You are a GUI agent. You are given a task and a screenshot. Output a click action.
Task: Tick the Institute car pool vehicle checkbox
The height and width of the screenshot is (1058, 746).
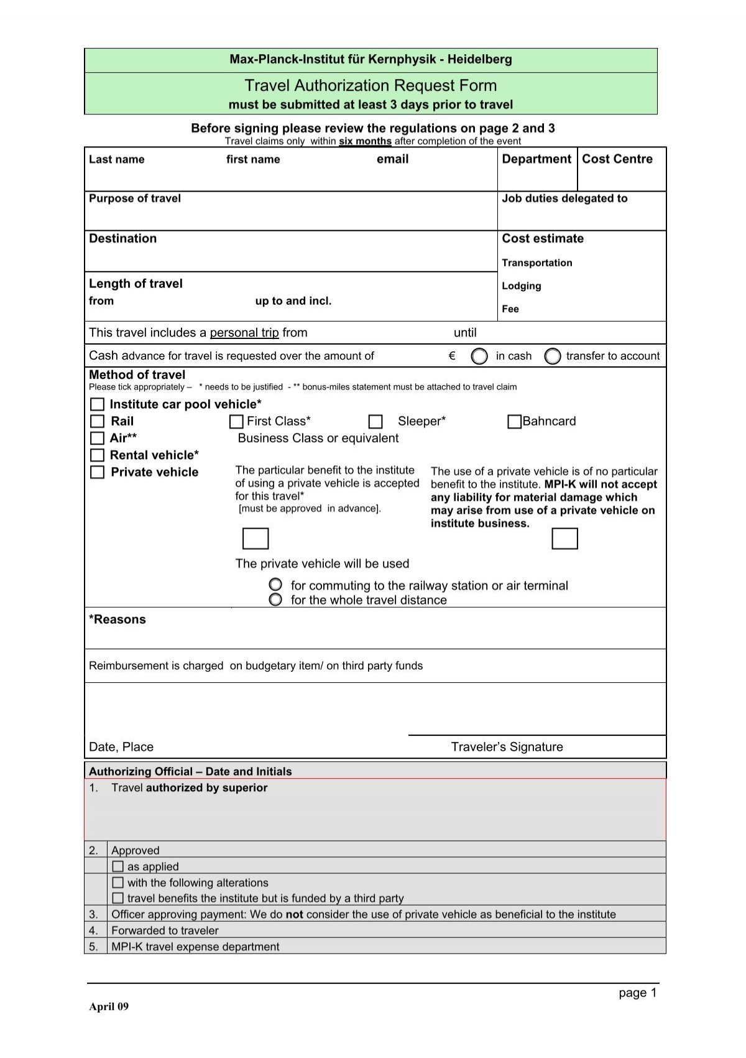pyautogui.click(x=98, y=404)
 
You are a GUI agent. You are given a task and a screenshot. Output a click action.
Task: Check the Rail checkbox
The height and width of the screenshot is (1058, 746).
pyautogui.click(x=98, y=421)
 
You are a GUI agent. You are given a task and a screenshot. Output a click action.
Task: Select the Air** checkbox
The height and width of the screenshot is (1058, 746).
pyautogui.click(x=98, y=438)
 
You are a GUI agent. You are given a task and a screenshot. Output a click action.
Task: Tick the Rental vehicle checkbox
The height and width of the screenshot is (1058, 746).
pyautogui.click(x=98, y=455)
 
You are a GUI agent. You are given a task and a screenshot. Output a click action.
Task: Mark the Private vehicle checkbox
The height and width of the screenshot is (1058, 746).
pyautogui.click(x=98, y=472)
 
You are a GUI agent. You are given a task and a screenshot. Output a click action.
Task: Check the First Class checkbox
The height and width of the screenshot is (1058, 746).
pyautogui.click(x=236, y=422)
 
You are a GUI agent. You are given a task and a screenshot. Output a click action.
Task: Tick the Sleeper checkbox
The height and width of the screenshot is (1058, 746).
pyautogui.click(x=375, y=422)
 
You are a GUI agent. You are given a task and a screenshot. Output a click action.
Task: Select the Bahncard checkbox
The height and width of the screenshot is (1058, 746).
pyautogui.click(x=514, y=422)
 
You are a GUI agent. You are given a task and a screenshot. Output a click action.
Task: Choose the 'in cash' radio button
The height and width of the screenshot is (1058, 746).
pyautogui.click(x=479, y=356)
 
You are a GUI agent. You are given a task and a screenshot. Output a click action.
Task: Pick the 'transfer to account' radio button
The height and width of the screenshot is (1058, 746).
pyautogui.click(x=552, y=356)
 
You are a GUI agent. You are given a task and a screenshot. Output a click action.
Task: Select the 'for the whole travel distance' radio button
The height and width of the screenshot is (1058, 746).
pyautogui.click(x=275, y=600)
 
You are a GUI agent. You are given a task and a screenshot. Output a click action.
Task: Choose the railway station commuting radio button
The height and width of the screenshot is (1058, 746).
pyautogui.click(x=275, y=585)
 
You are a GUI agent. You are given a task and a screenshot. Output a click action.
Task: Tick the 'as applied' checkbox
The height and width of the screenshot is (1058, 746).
pyautogui.click(x=118, y=866)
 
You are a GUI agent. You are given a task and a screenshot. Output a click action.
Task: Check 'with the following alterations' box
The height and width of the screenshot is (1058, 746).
pyautogui.click(x=118, y=882)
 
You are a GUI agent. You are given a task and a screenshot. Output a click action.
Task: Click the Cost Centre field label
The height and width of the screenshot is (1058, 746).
pyautogui.click(x=617, y=159)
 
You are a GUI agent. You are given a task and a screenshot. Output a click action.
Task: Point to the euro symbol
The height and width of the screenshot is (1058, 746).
pyautogui.click(x=452, y=356)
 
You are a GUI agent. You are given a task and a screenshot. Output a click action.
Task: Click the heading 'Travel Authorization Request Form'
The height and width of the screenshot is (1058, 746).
pyautogui.click(x=371, y=85)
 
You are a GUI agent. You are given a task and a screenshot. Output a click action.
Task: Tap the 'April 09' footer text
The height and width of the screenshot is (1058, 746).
pyautogui.click(x=109, y=1007)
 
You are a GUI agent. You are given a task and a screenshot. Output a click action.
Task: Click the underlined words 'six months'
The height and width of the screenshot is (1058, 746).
pyautogui.click(x=365, y=141)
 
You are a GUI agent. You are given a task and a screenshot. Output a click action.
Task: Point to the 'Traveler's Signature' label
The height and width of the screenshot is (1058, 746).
pyautogui.click(x=507, y=747)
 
